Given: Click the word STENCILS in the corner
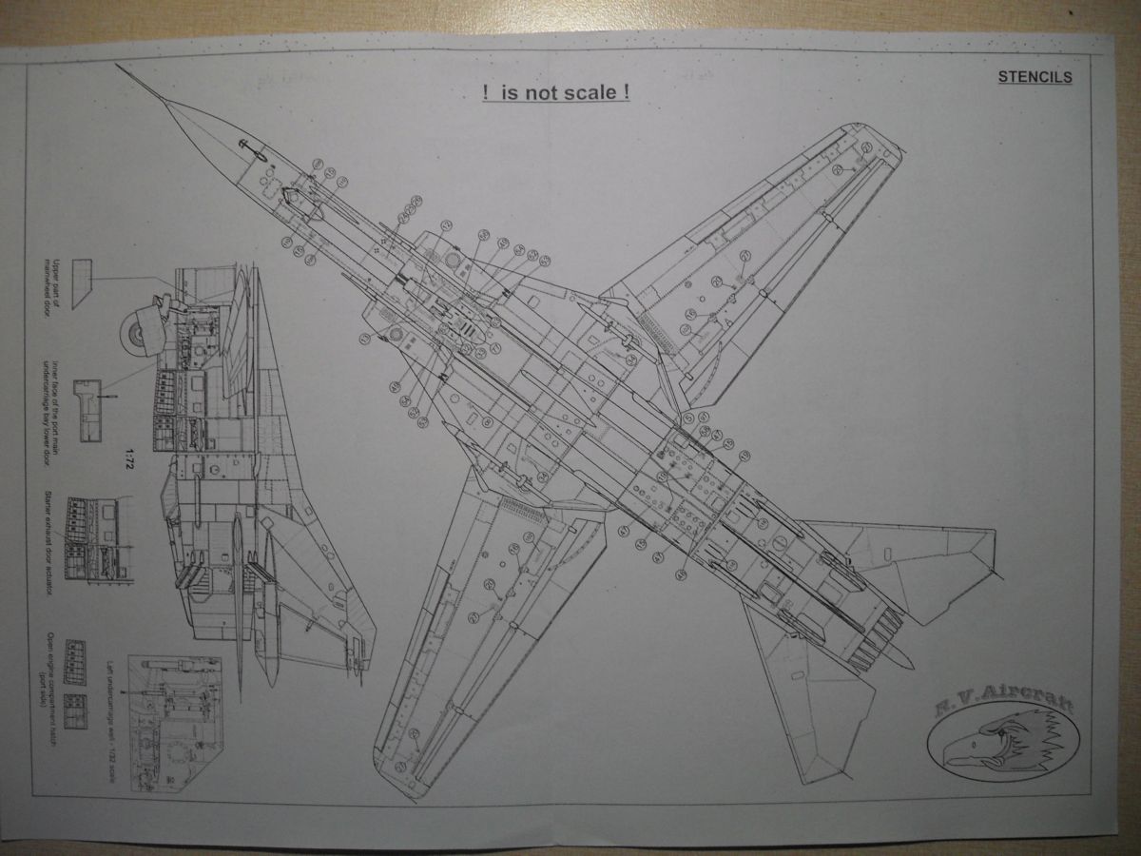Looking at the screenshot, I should [x=1035, y=78].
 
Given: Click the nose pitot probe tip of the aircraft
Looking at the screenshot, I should [x=120, y=67].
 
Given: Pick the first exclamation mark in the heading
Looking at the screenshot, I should [x=486, y=94].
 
